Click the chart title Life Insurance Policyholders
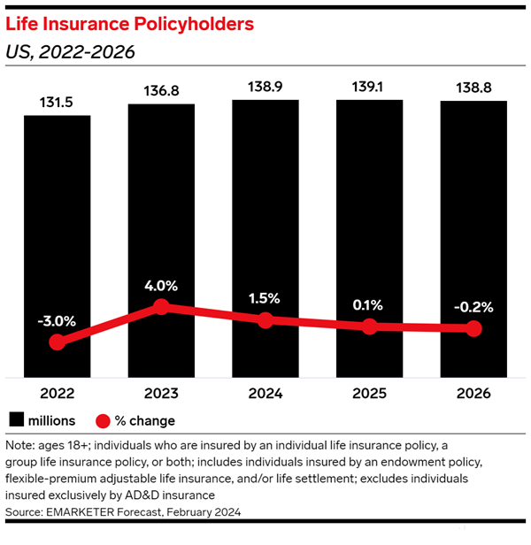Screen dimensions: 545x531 pyautogui.click(x=130, y=24)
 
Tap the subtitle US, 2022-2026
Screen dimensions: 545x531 pyautogui.click(x=70, y=52)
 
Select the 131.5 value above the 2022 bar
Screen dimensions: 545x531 pyautogui.click(x=57, y=102)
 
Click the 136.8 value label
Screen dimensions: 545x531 pyautogui.click(x=161, y=91)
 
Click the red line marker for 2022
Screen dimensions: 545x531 pyautogui.click(x=58, y=342)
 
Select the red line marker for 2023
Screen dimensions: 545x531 pyautogui.click(x=161, y=306)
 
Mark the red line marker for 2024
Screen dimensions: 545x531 pyautogui.click(x=265, y=320)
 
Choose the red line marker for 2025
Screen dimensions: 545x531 pyautogui.click(x=369, y=326)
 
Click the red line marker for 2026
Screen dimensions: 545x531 pyautogui.click(x=473, y=328)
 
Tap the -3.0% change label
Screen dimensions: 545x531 pyautogui.click(x=57, y=319)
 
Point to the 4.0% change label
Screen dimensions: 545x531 pyautogui.click(x=161, y=286)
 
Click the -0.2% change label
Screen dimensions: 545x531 pyautogui.click(x=473, y=307)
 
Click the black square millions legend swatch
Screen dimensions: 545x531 pyautogui.click(x=16, y=420)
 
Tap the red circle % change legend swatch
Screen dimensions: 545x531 pyautogui.click(x=103, y=420)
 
